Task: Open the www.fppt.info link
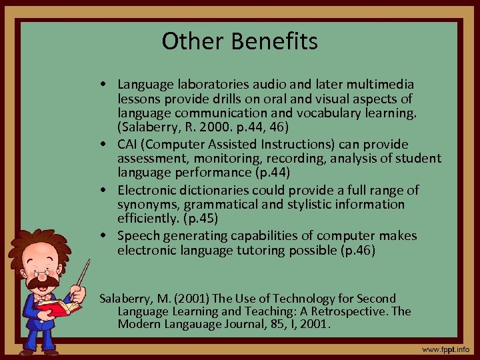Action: click(x=445, y=349)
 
